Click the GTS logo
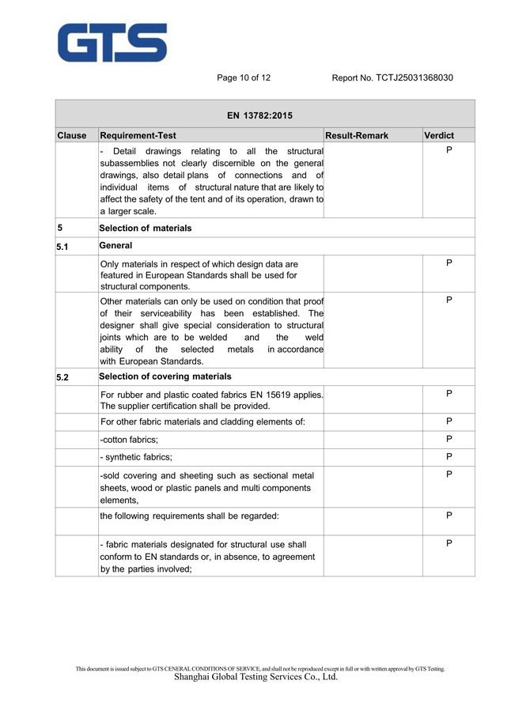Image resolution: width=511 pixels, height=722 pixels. (x=111, y=42)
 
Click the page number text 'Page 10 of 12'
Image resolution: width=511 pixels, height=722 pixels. (x=244, y=77)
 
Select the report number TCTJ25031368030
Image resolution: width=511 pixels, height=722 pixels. (x=414, y=77)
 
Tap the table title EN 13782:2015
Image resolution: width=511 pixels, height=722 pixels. (x=259, y=115)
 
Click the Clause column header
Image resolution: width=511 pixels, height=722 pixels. (x=72, y=136)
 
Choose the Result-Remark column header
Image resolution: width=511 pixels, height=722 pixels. (x=358, y=136)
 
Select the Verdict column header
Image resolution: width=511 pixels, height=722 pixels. (x=439, y=136)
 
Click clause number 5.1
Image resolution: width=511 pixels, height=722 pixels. (x=62, y=248)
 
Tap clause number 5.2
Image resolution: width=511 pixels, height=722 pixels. (x=62, y=377)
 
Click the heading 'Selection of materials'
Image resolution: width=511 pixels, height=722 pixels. (x=146, y=228)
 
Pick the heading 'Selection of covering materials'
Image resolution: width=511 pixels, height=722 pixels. (x=166, y=376)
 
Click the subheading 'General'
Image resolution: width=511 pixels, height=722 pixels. (x=116, y=246)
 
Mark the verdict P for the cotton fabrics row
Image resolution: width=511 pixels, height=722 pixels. (x=449, y=439)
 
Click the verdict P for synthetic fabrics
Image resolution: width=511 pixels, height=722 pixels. (x=449, y=456)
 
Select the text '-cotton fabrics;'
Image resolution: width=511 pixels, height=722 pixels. (x=129, y=440)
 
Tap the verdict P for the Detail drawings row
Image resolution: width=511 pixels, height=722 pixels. (x=449, y=149)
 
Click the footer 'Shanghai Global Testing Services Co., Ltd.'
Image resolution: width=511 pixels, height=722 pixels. (x=255, y=677)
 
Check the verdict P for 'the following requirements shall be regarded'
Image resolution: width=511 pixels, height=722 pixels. (x=449, y=515)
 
